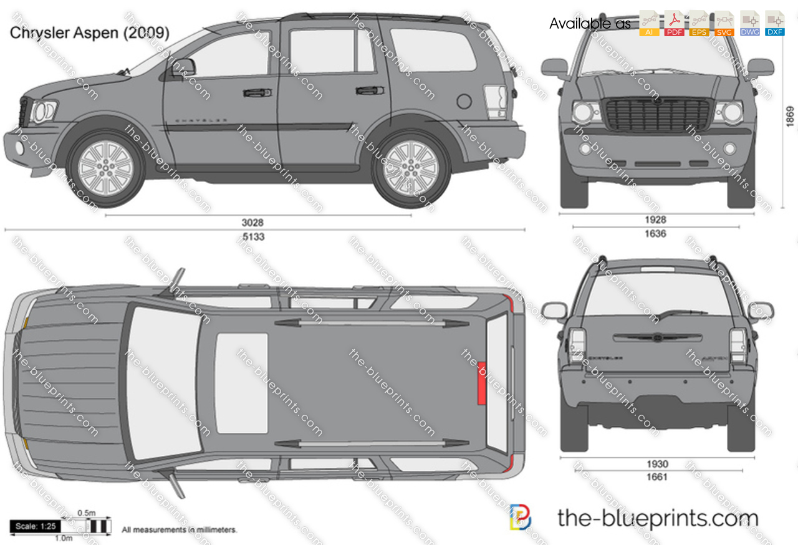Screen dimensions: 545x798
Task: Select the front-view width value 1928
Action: click(x=655, y=219)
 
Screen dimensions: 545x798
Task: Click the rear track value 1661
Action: click(x=656, y=478)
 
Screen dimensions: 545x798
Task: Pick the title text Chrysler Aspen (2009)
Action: click(x=89, y=32)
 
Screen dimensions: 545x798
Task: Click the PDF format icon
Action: click(x=674, y=24)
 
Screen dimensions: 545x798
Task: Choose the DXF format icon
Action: click(x=774, y=24)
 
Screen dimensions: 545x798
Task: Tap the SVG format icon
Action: click(x=724, y=24)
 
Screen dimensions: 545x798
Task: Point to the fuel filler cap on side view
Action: click(x=464, y=100)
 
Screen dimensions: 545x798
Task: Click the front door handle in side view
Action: click(x=253, y=93)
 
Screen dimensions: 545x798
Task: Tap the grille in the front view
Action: click(x=658, y=113)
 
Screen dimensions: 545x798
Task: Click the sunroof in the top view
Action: click(x=241, y=383)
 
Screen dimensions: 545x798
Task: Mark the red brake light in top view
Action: click(x=481, y=383)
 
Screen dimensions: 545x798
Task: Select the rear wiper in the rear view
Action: click(x=682, y=312)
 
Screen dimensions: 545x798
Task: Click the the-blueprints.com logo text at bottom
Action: click(x=657, y=518)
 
